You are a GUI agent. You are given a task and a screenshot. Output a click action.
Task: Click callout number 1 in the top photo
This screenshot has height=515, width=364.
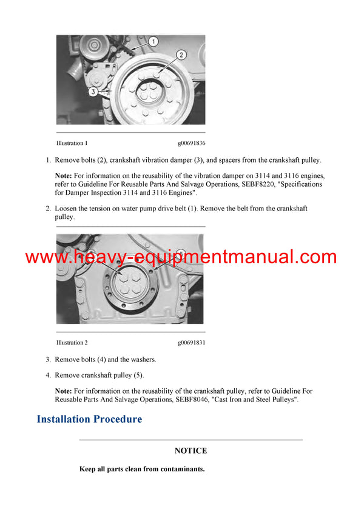pos(153,42)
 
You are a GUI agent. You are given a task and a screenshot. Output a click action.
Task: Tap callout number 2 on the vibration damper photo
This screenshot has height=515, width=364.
pos(181,55)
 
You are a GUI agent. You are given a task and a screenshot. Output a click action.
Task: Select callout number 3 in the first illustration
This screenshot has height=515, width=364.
pos(93,92)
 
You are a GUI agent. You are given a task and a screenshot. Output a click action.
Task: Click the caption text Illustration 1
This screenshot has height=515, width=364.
pos(72,144)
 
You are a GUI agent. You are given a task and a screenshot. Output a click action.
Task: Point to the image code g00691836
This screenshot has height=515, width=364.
pos(191,144)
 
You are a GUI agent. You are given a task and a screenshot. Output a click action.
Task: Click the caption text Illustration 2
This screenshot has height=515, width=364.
pos(72,343)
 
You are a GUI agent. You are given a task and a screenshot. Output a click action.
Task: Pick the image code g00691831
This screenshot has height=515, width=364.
pos(191,343)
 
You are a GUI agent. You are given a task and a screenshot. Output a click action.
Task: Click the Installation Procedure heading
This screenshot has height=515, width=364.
pos(89,419)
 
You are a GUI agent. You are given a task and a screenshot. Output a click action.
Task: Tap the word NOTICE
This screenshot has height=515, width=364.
pos(190,451)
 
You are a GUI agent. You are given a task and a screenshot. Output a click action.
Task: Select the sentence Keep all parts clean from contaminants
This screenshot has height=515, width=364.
pos(141,469)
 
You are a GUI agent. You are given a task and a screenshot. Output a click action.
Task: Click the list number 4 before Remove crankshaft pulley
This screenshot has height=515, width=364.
pos(48,375)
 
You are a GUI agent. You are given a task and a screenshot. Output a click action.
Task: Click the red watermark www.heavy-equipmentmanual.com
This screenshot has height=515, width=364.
pos(181,257)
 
